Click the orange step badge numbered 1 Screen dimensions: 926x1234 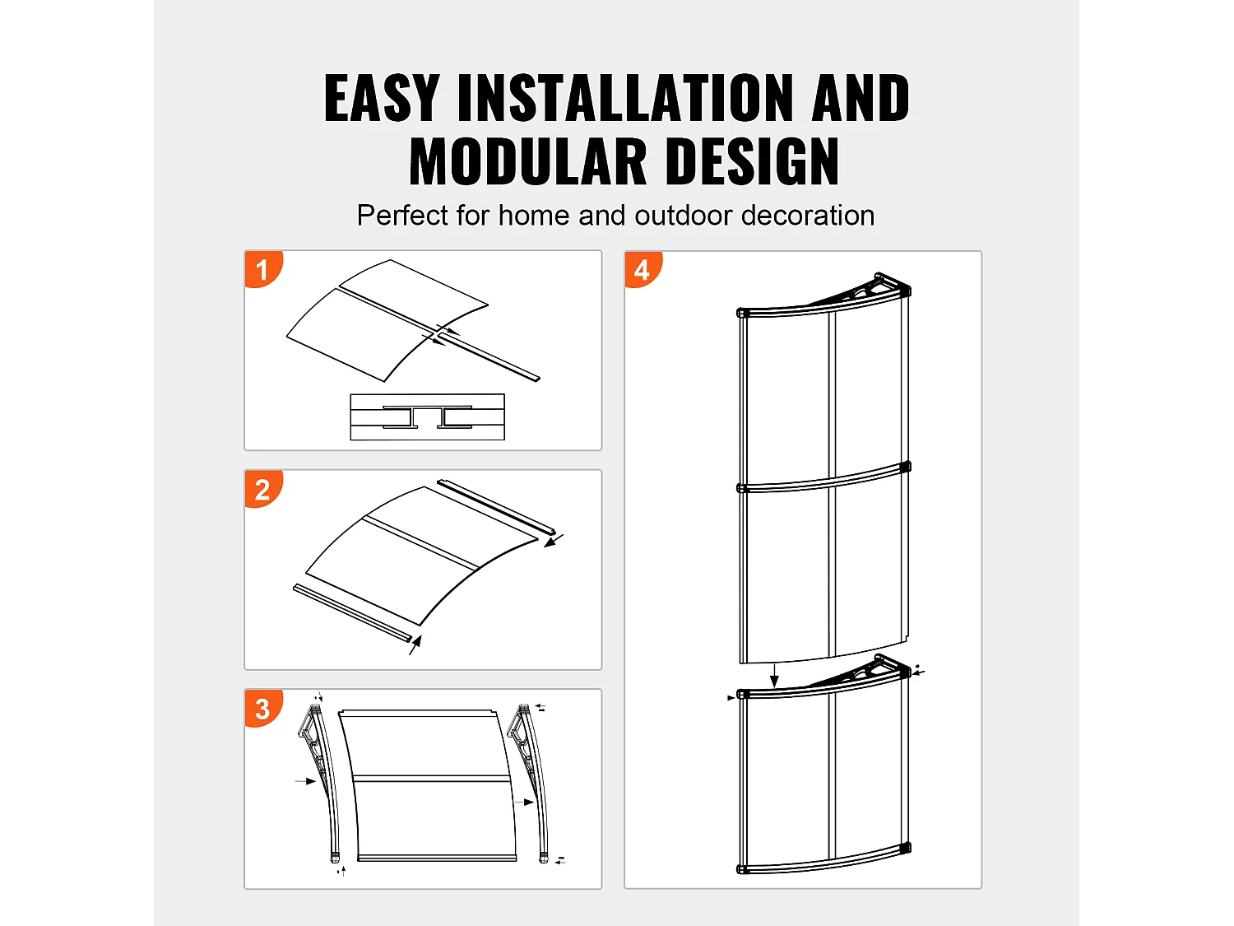coord(262,269)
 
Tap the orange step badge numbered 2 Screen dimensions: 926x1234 coord(262,489)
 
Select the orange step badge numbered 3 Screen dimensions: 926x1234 coord(262,708)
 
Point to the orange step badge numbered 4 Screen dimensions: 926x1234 coord(643,269)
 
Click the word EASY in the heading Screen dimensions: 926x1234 coord(382,99)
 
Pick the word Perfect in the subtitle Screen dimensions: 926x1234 coord(402,216)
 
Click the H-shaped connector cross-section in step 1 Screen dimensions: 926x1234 coord(427,417)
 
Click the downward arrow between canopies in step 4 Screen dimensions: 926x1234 coord(774,676)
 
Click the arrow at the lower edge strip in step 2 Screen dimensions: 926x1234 coord(415,644)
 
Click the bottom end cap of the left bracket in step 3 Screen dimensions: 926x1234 coord(335,858)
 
